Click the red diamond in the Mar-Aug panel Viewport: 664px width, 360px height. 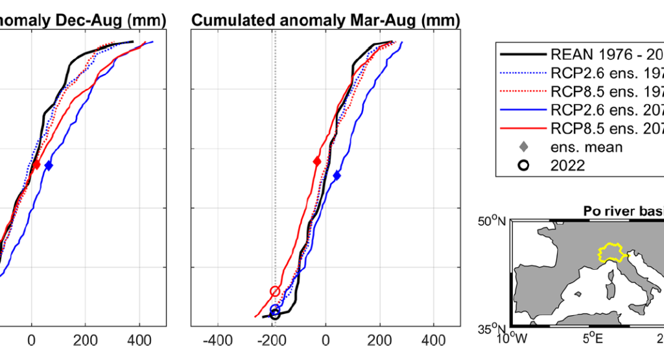pos(317,161)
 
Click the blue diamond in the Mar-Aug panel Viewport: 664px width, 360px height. pos(337,175)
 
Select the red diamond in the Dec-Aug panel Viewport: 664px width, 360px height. pos(36,165)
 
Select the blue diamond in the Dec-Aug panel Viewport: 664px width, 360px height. pos(49,165)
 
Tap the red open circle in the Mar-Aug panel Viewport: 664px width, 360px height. pos(275,291)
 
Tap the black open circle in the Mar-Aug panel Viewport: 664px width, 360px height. pos(275,314)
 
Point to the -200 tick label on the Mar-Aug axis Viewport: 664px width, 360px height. pos(273,339)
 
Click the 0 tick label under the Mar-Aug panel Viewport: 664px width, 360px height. pos(327,339)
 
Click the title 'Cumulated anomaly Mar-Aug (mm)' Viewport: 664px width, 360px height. pos(326,21)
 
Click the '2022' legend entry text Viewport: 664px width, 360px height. pos(567,165)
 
